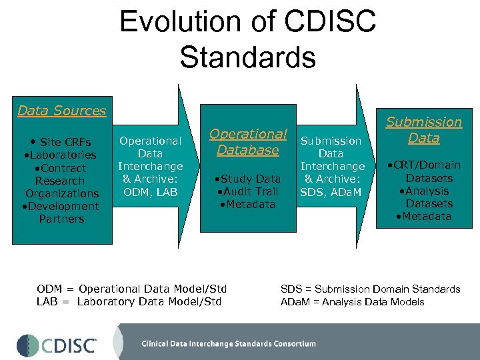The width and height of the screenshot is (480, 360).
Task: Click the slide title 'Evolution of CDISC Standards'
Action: tap(247, 39)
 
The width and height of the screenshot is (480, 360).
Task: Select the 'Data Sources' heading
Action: tap(61, 111)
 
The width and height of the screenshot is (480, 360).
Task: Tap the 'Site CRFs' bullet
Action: tap(61, 142)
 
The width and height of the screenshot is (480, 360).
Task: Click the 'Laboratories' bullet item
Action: tap(61, 155)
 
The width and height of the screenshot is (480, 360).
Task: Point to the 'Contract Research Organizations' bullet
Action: tap(61, 181)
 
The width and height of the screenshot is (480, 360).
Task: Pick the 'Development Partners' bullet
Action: tap(61, 213)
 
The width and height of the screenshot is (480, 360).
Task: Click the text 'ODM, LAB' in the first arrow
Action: tap(149, 192)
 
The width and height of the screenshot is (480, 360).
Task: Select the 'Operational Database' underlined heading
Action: tap(248, 141)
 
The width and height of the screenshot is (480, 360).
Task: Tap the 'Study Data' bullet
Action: tap(247, 179)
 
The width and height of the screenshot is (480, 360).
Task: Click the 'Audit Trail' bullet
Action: tap(247, 191)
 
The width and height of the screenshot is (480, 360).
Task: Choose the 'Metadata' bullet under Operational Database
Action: tap(247, 204)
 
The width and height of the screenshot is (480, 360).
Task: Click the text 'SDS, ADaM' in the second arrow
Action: tap(331, 192)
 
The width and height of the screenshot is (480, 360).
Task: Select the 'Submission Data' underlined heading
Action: tap(424, 130)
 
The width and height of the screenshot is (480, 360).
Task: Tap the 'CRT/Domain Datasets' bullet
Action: tap(427, 171)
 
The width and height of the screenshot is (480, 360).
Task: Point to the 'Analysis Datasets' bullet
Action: tap(427, 197)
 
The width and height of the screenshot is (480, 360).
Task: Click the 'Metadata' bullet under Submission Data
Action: tap(424, 216)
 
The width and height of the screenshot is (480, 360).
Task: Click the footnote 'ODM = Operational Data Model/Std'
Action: tap(132, 289)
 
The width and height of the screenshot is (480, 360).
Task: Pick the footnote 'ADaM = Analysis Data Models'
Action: tap(352, 301)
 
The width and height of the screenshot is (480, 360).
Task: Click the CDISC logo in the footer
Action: tap(57, 345)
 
